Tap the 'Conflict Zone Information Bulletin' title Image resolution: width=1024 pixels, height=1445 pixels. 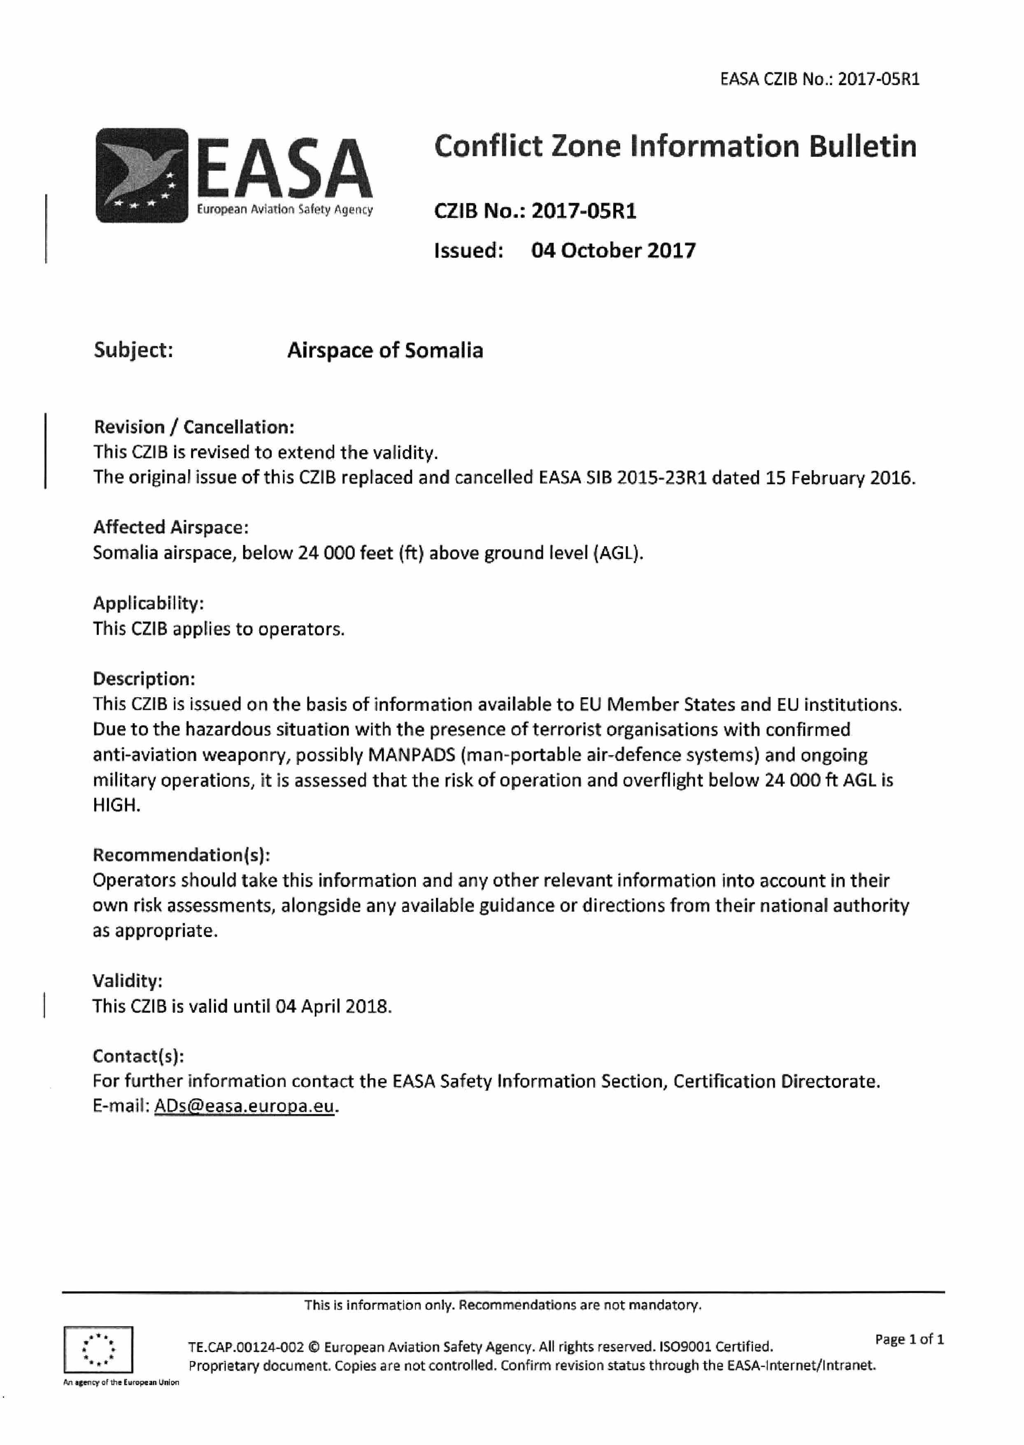tap(675, 146)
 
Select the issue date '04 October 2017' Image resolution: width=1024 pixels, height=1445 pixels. tap(613, 250)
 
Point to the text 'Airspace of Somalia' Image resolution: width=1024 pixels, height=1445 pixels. tap(385, 350)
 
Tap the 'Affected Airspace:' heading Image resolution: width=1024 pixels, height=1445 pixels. tap(171, 527)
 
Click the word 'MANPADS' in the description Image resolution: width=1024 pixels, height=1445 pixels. tap(411, 755)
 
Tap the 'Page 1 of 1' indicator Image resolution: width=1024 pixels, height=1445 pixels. tap(909, 1339)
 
